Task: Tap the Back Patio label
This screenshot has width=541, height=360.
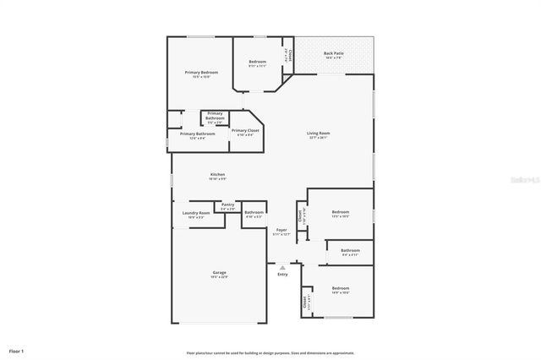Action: tap(332, 53)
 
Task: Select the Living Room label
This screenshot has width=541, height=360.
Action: tap(318, 133)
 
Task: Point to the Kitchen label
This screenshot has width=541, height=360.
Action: tap(217, 174)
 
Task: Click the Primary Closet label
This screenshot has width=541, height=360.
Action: tap(245, 130)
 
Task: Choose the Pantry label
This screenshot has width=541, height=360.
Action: tap(227, 204)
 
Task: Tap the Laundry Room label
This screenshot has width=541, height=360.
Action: tap(195, 213)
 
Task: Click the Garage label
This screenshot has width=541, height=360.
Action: tap(219, 272)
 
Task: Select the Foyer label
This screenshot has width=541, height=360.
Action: tap(282, 230)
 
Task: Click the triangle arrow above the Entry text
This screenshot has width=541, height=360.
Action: tap(282, 266)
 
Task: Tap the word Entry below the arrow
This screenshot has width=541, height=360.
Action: tap(282, 274)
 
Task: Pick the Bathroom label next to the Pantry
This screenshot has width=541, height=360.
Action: tap(254, 212)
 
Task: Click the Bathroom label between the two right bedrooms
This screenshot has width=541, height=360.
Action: tap(350, 250)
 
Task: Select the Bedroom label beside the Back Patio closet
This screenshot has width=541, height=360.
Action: tap(257, 62)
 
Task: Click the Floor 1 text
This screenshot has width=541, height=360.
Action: tap(17, 350)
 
